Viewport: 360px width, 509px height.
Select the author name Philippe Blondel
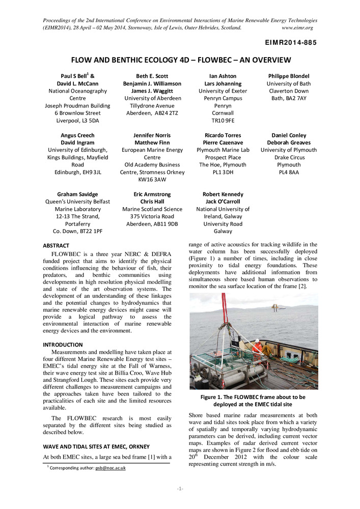pos(289,76)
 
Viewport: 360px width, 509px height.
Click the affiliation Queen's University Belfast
pos(78,202)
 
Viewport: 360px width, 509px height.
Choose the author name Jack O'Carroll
pos(223,202)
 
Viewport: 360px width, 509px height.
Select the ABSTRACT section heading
pos(56,245)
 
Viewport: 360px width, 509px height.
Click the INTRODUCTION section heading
pos(63,345)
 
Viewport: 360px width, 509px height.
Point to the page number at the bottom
pos(180,489)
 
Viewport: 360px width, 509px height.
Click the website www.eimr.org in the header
pos(297,27)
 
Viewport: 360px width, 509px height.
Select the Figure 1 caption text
pos(253,401)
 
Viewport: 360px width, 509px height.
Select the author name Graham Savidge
pos(78,194)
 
